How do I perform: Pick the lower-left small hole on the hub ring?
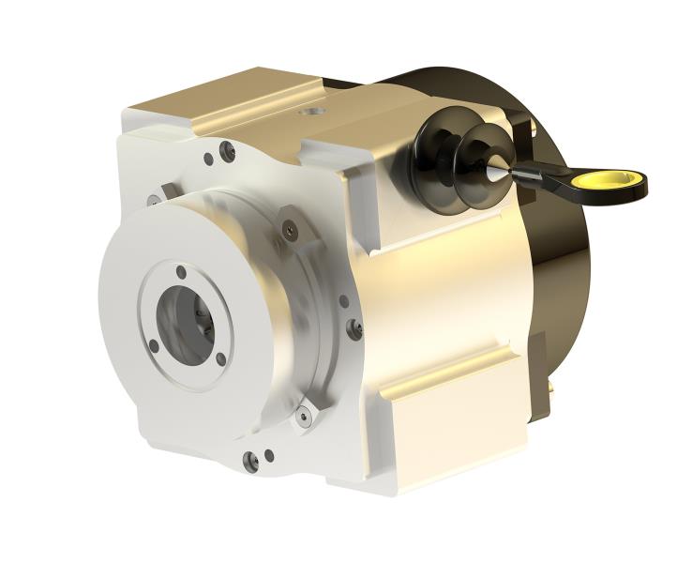(x=154, y=345)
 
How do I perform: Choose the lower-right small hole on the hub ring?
(x=221, y=358)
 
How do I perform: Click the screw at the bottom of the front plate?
(x=249, y=460)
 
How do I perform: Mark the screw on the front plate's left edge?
(x=152, y=199)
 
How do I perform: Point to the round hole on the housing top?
(x=306, y=110)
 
